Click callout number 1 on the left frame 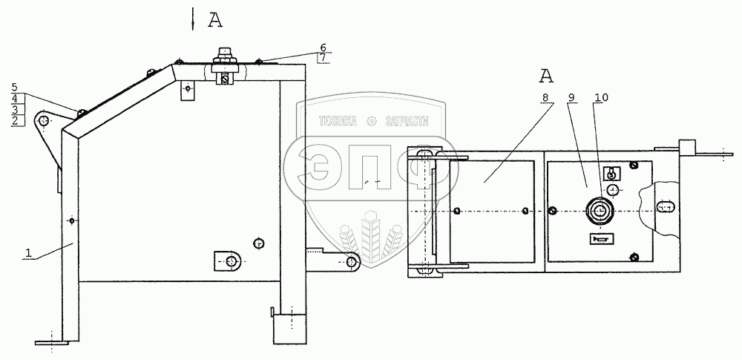pyautogui.click(x=28, y=253)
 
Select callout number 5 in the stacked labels pyautogui.click(x=15, y=87)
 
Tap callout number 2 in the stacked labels pyautogui.click(x=15, y=120)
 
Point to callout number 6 pyautogui.click(x=324, y=48)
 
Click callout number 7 pyautogui.click(x=324, y=58)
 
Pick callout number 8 pyautogui.click(x=545, y=97)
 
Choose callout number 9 pyautogui.click(x=571, y=97)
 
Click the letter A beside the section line pyautogui.click(x=215, y=20)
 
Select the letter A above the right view pyautogui.click(x=546, y=75)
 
